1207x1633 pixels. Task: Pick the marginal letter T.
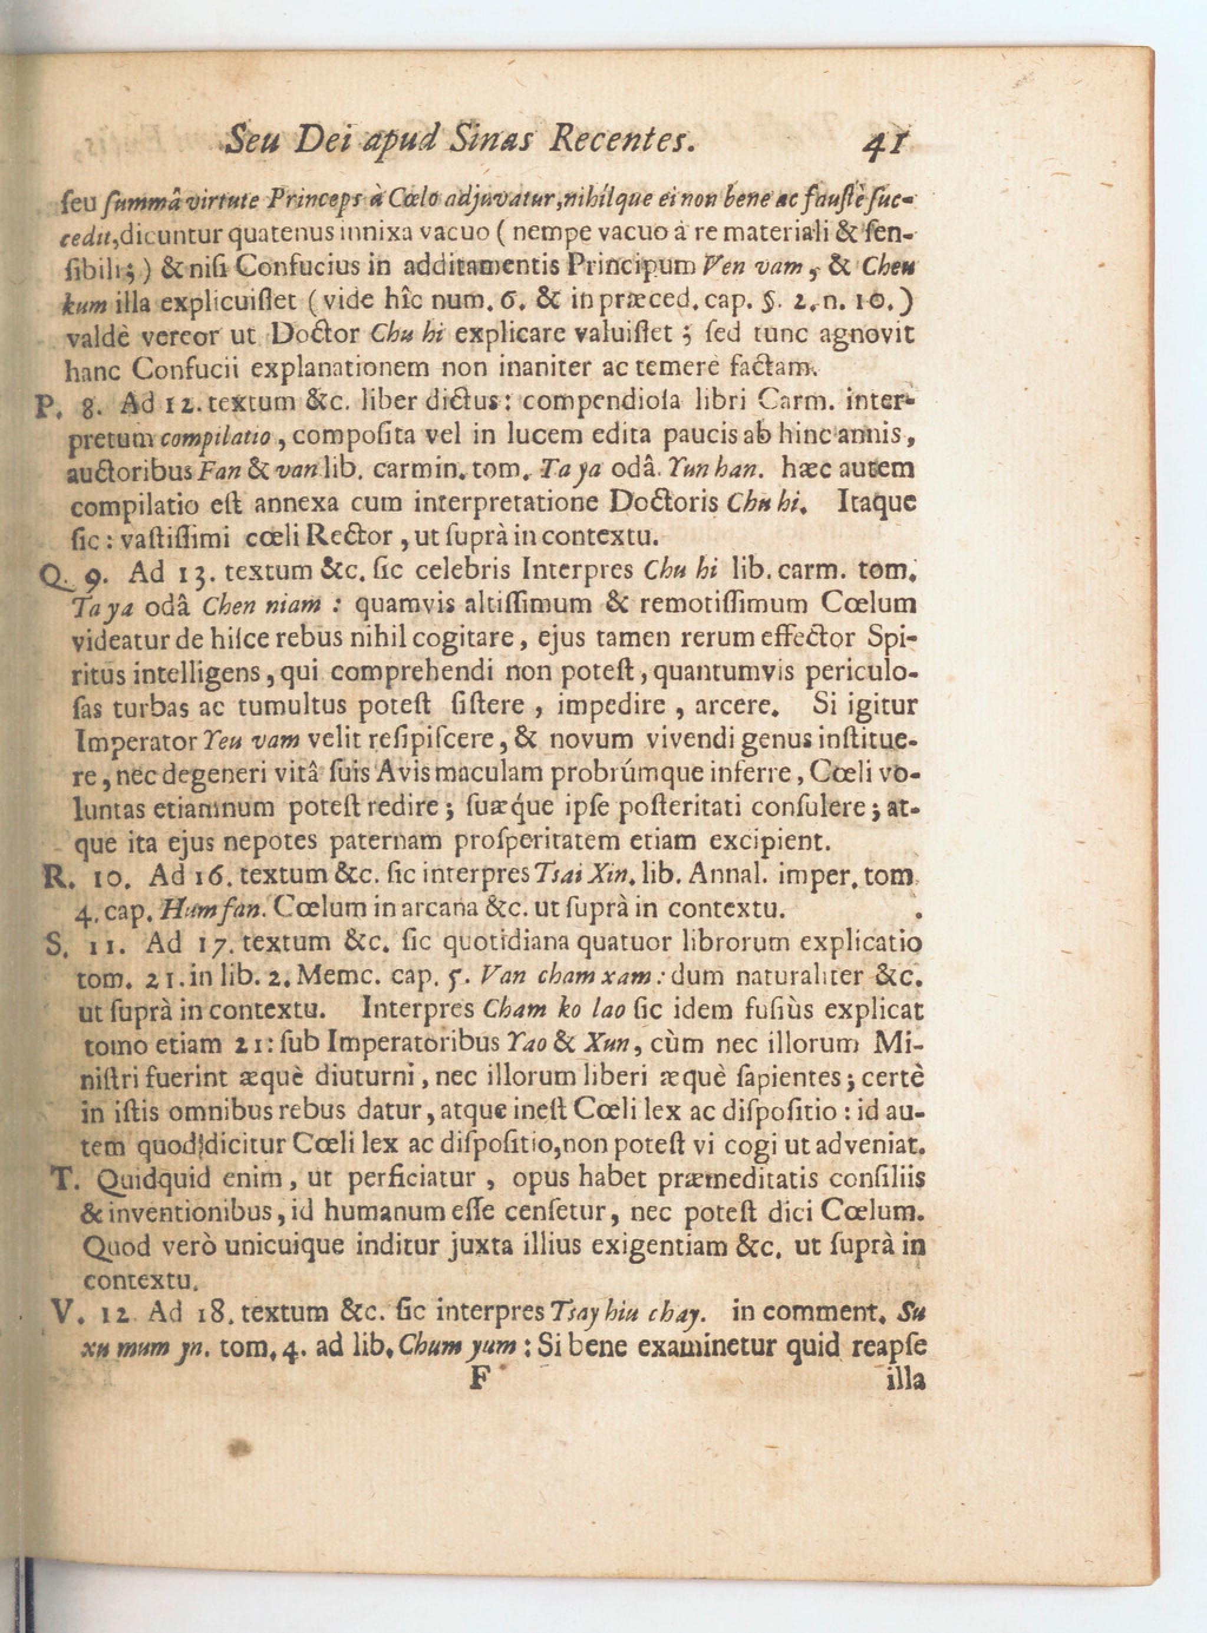click(x=64, y=1176)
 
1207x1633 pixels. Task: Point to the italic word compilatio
click(x=216, y=437)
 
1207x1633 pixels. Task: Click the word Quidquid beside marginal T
click(x=143, y=1178)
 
